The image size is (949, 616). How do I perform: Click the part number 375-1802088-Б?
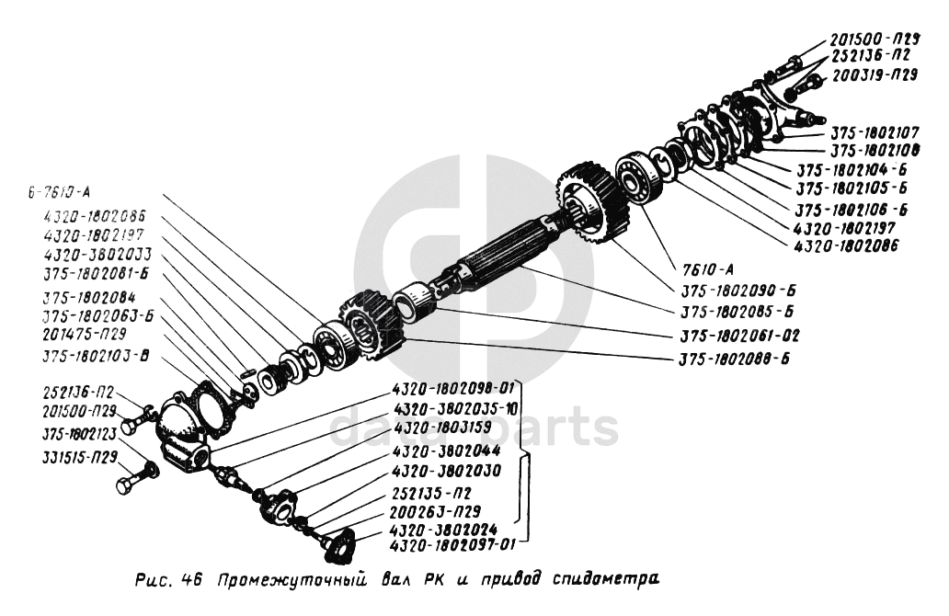tap(737, 358)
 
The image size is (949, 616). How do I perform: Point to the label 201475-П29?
tap(85, 335)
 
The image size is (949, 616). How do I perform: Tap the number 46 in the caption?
tap(189, 581)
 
